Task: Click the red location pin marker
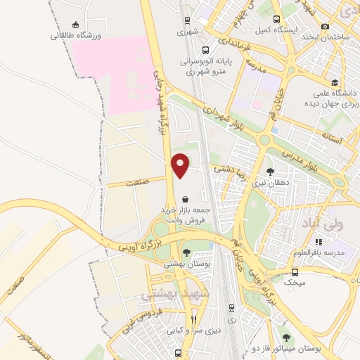181,165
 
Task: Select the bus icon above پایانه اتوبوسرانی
205,51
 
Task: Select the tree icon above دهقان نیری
270,171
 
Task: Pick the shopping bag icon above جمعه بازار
184,199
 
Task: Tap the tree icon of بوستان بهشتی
186,252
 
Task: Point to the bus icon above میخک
295,271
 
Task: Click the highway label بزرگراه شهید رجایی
160,109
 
